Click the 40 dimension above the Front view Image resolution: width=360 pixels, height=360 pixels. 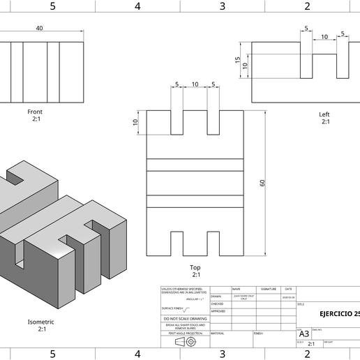click(39, 28)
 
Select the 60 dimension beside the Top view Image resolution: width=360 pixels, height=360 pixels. click(262, 183)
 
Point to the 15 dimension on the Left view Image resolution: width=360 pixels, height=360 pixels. click(238, 61)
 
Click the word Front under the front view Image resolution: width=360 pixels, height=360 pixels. click(35, 112)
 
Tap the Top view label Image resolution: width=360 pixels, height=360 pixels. click(195, 267)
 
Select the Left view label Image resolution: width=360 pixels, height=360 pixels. click(324, 114)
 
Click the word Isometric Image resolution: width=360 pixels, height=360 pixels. click(41, 322)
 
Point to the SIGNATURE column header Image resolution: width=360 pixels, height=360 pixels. click(268, 289)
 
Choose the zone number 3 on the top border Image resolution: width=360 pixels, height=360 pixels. click(223, 6)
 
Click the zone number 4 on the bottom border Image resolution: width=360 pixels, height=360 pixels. click(137, 354)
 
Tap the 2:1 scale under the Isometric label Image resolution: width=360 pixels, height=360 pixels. click(41, 329)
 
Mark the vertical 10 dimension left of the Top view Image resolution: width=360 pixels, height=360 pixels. click(135, 123)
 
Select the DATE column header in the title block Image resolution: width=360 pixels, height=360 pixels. click(288, 289)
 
